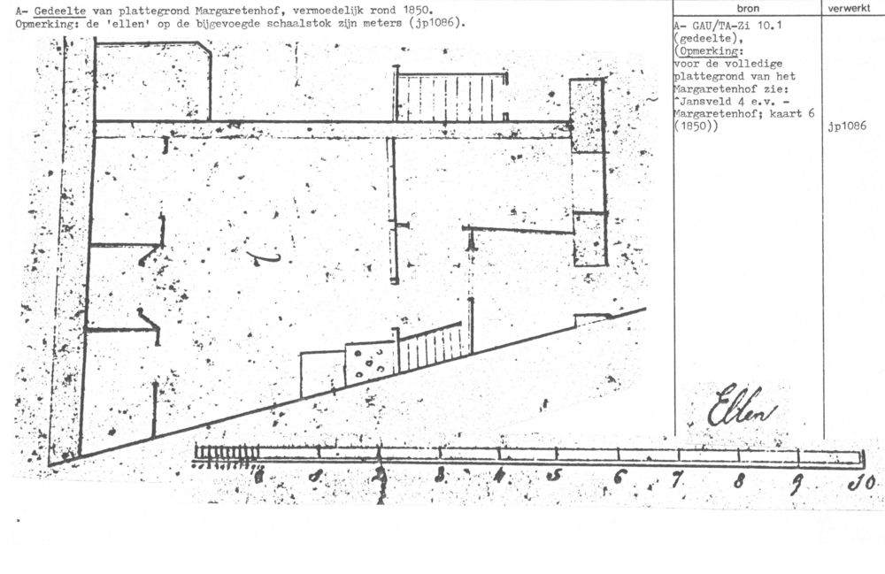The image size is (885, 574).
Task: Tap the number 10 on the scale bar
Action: [862, 482]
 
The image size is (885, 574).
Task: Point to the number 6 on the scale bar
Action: [619, 478]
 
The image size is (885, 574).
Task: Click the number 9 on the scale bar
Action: [798, 481]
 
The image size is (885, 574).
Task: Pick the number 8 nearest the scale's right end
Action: [739, 480]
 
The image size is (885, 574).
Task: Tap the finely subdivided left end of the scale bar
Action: [226, 453]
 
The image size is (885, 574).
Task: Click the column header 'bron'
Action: [748, 8]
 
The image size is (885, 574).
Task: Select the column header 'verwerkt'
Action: [852, 8]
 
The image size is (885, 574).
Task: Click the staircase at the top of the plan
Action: [451, 97]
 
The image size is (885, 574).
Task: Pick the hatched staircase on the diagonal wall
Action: [430, 346]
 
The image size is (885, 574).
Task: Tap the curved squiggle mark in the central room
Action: [263, 257]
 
